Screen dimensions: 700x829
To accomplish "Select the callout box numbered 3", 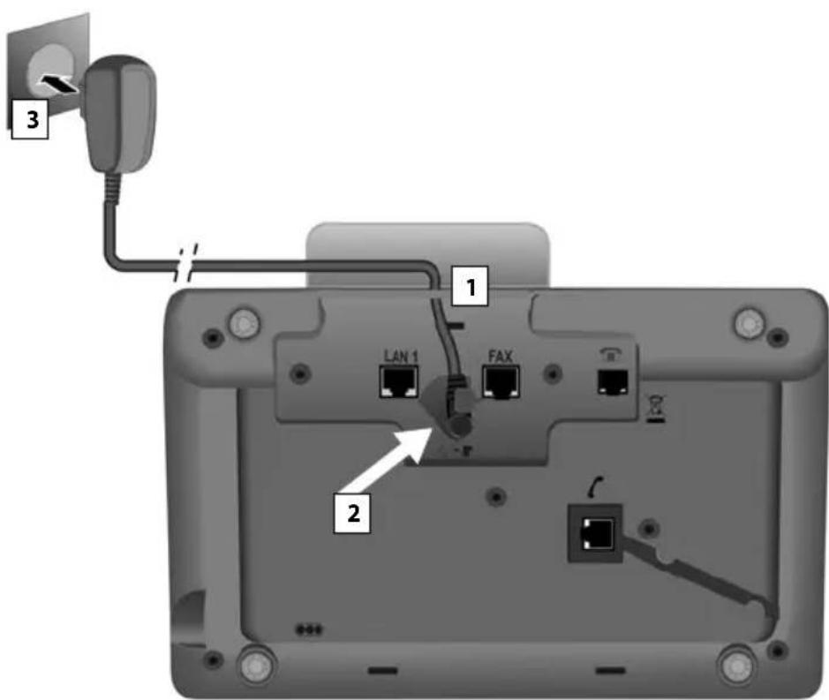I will coord(28,120).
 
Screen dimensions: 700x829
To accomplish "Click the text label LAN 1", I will coord(398,355).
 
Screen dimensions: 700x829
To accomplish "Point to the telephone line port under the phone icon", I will coord(612,380).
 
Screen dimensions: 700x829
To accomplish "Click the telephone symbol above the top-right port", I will coord(611,350).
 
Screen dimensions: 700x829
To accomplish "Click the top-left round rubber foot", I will coord(240,323).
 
